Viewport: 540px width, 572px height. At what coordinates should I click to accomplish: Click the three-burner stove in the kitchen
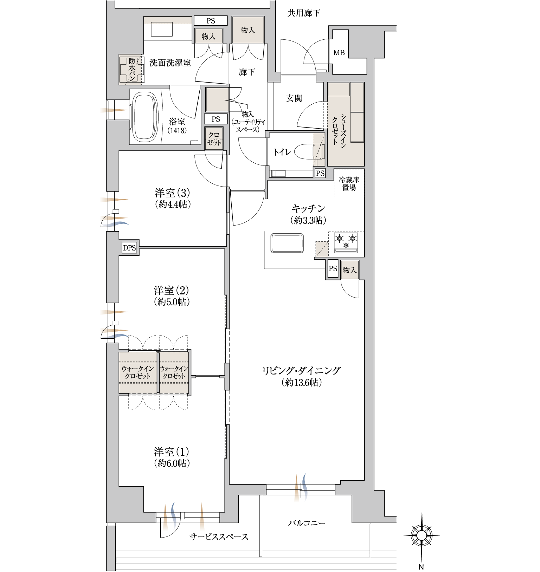[346, 242]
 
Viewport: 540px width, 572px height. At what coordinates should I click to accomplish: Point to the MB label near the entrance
[339, 53]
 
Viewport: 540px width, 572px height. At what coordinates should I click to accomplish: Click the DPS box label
[129, 248]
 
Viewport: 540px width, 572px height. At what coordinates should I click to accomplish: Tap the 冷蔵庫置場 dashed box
[349, 183]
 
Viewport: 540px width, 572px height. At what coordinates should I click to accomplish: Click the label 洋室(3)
[172, 193]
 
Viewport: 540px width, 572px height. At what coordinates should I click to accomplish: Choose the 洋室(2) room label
[171, 291]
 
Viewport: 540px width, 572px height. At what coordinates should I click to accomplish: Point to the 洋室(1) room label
[171, 452]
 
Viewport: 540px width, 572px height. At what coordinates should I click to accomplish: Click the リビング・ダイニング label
[301, 371]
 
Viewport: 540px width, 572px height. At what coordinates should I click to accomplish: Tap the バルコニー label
[307, 523]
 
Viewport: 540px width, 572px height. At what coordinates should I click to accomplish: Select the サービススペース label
[219, 537]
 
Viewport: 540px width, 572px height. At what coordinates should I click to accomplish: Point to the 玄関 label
[294, 98]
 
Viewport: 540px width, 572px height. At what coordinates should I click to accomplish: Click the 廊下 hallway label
[246, 72]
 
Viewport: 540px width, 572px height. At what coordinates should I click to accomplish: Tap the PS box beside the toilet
[320, 173]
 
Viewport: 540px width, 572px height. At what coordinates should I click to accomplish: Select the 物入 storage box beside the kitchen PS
[349, 270]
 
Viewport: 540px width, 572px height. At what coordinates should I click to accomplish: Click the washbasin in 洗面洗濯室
[162, 29]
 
